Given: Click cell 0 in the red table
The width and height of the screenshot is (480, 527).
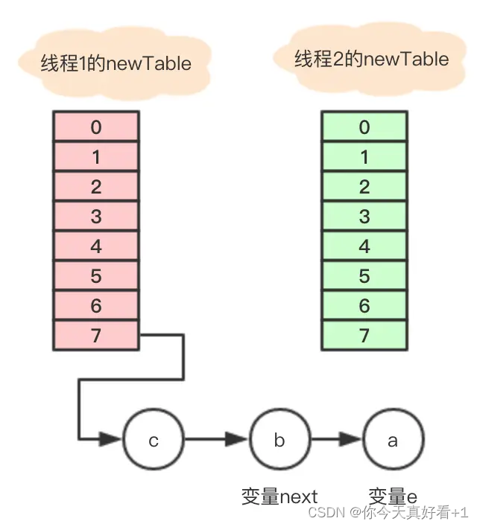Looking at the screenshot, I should pos(95,127).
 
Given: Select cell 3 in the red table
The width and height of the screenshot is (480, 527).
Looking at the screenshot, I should pos(95,217).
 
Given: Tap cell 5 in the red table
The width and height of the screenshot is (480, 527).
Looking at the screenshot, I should pos(95,276).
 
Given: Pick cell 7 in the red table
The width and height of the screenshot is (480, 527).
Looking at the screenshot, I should pos(95,336).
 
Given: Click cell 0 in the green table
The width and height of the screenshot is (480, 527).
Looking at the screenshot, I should pos(364,127).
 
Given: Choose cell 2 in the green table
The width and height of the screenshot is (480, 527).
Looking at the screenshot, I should pos(364,187).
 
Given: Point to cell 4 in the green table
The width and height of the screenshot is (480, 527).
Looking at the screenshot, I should pos(364,246).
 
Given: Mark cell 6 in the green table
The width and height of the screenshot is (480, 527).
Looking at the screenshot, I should pos(364,306).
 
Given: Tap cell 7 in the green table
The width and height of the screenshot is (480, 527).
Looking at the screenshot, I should pos(364,336).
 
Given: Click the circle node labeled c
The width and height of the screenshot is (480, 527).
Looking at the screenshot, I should pos(154,440).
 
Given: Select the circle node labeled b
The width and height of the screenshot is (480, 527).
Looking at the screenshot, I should pos(279,440).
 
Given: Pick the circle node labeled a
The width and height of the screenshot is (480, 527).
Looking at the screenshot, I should pos(392,440).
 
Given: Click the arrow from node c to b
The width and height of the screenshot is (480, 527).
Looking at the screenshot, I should pos(216,440).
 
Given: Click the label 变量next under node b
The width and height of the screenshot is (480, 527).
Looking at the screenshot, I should pos(280,496).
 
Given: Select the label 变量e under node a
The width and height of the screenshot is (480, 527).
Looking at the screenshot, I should pos(393,496).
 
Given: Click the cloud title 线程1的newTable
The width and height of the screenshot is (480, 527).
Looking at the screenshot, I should pos(116,63).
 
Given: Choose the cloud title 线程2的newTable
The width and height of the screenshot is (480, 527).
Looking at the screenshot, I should pos(372,59).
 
